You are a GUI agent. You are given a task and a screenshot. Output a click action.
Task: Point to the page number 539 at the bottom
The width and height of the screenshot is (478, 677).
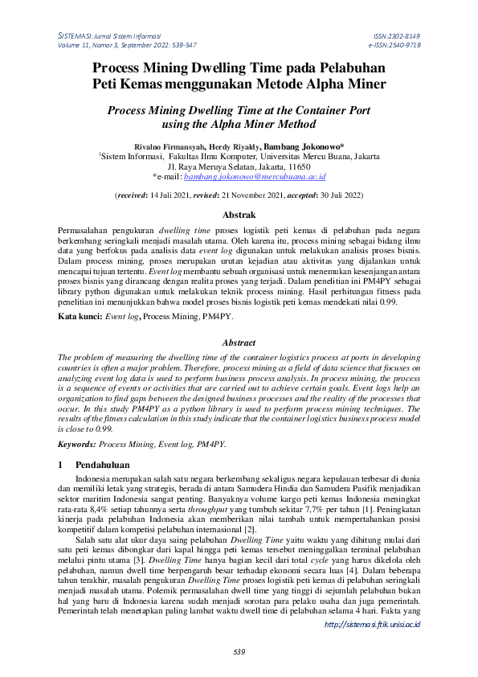239,650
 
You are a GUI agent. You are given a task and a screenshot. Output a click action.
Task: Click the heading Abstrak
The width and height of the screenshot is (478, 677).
239,215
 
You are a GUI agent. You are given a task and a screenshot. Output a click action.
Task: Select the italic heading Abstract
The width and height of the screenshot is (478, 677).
239,342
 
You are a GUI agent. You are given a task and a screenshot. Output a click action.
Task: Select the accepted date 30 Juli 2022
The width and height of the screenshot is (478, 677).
336,195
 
